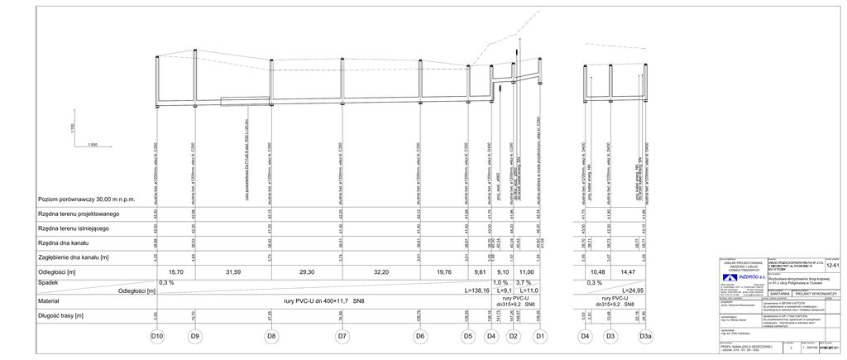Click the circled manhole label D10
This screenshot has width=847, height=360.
pos(157,337)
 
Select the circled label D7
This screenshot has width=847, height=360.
pos(342,337)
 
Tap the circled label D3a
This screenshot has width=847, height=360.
pos(646,337)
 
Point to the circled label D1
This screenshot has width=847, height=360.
pos(539,337)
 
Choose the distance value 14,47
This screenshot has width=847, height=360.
pos(628,271)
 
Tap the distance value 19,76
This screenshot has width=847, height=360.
pos(444,271)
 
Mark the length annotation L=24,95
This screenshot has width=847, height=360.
pos(630,290)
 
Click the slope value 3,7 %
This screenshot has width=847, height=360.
pos(523,282)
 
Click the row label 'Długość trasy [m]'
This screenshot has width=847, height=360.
pos(61,315)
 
